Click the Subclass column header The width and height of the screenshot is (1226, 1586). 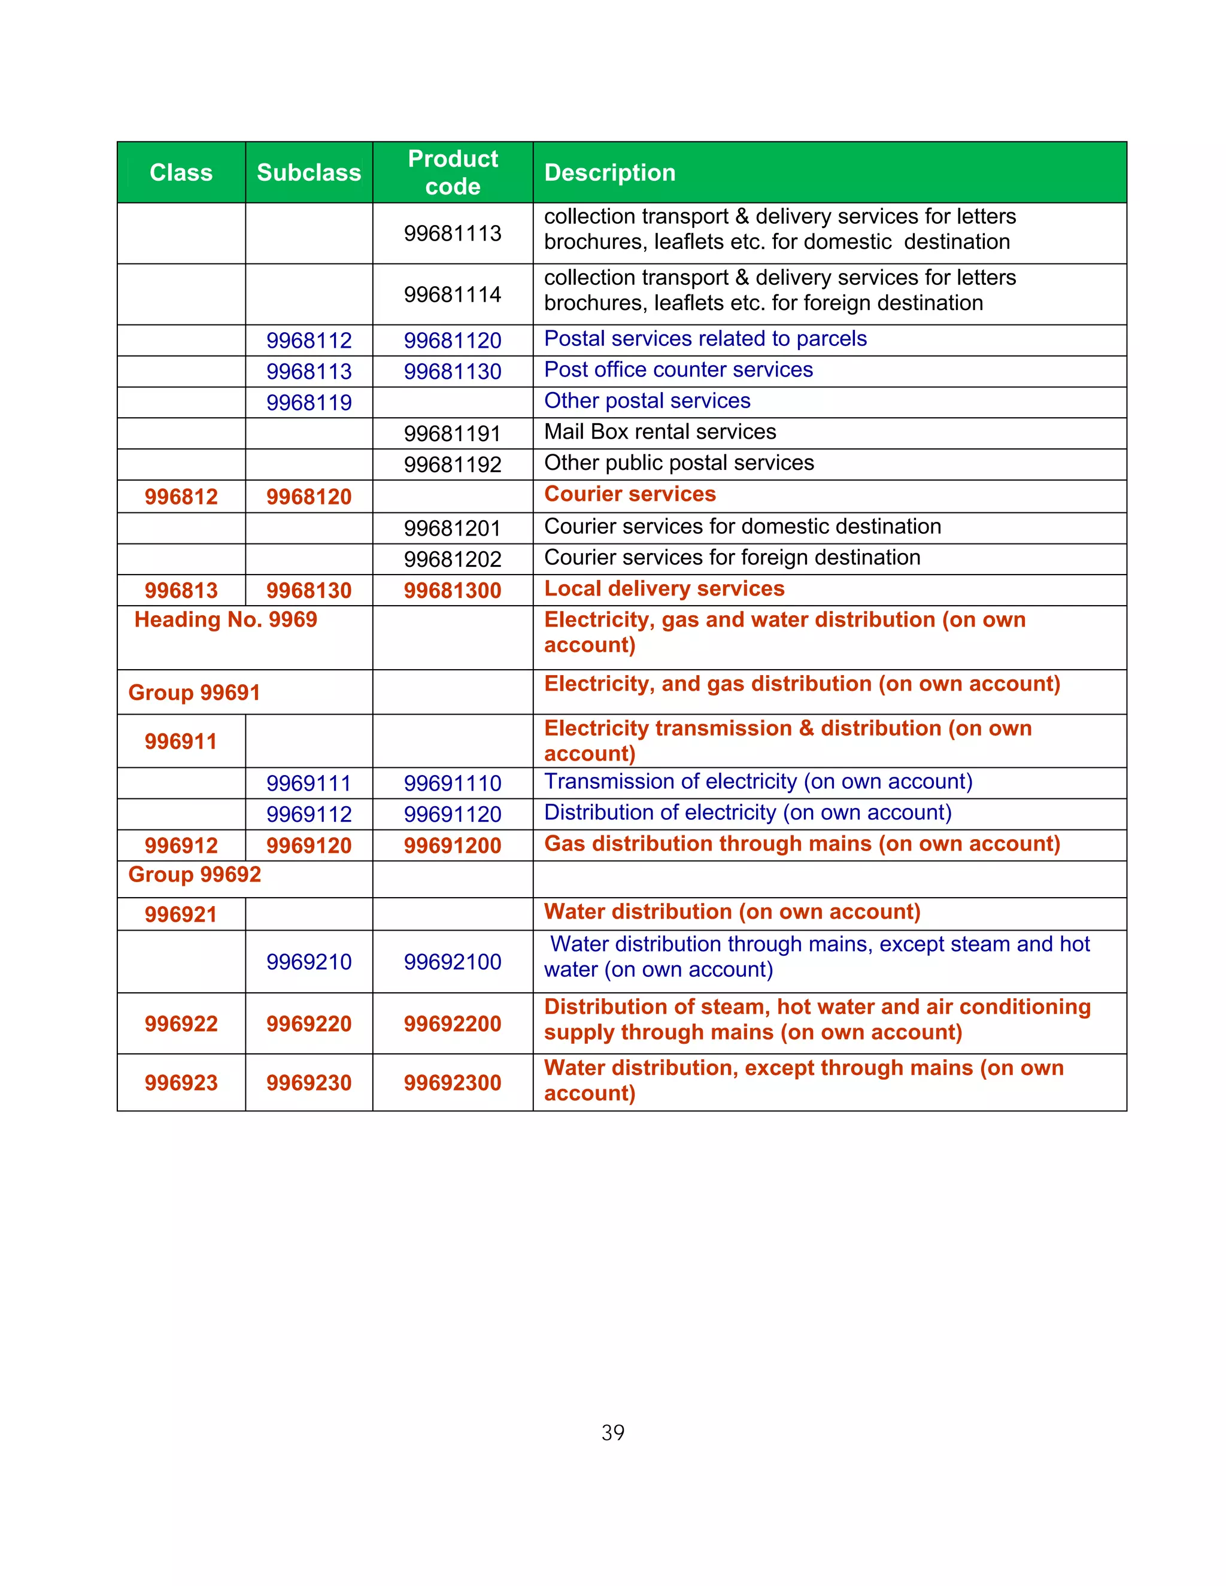309,173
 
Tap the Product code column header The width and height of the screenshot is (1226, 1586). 453,172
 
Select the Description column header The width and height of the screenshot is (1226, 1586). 609,173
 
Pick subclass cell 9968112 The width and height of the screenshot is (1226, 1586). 309,341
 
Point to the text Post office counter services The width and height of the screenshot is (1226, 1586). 678,370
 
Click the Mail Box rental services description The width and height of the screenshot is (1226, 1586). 660,432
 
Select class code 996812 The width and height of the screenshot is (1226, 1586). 181,497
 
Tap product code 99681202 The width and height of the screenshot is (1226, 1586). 453,559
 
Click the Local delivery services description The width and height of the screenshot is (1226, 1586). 664,589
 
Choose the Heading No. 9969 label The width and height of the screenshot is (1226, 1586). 226,620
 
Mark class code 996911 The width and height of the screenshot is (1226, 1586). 181,742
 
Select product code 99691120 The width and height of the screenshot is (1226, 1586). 453,815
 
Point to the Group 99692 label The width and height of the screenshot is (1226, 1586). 195,874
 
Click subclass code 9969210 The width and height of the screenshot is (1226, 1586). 309,962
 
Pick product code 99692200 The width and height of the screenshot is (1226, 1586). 453,1024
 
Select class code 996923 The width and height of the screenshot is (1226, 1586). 181,1083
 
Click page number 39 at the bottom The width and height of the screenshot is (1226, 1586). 612,1433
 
